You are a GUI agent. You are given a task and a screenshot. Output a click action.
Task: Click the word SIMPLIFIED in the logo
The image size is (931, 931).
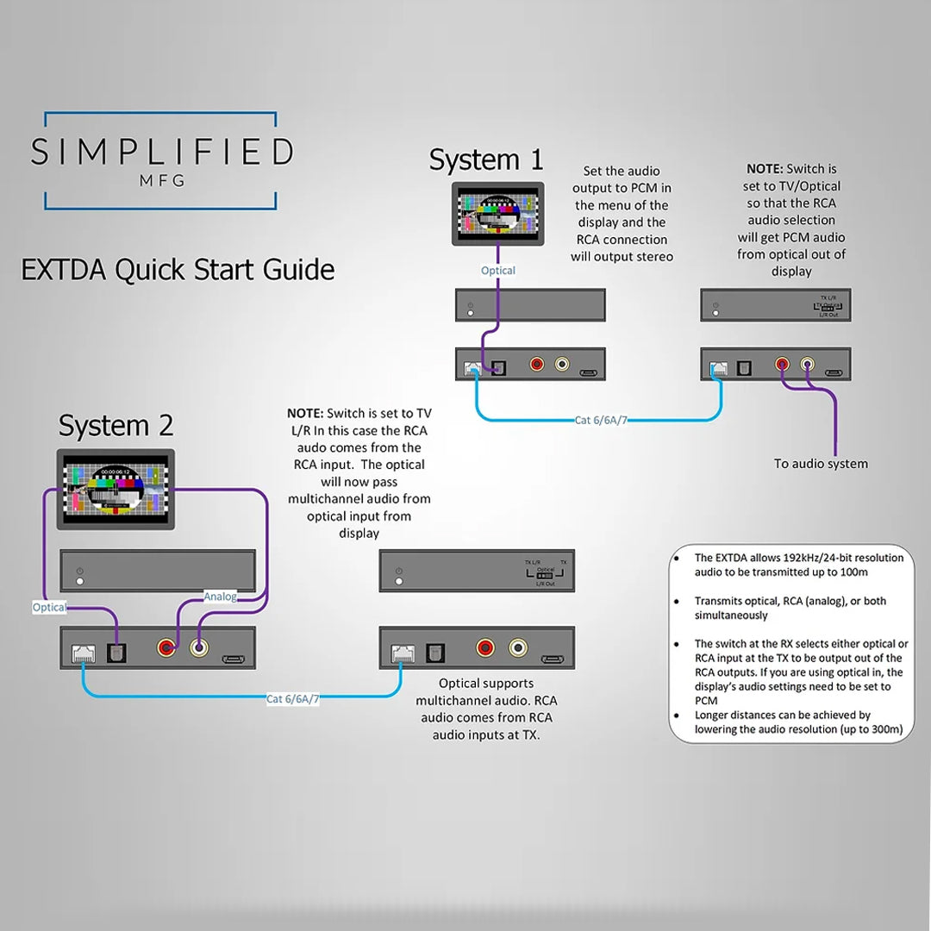(x=161, y=152)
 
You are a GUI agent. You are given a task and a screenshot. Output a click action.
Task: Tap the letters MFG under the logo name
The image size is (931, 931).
(x=161, y=181)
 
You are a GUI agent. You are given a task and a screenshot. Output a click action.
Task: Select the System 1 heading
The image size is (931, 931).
(x=486, y=159)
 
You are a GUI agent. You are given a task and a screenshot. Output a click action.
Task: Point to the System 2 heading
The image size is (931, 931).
(x=116, y=426)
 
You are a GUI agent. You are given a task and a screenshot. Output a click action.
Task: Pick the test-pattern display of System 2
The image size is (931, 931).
(x=116, y=489)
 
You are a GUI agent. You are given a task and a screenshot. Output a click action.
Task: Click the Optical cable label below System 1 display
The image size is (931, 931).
(x=498, y=271)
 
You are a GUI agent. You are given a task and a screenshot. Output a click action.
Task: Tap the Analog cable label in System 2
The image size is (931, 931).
(x=220, y=596)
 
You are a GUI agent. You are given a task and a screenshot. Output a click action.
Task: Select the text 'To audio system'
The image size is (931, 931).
(x=821, y=464)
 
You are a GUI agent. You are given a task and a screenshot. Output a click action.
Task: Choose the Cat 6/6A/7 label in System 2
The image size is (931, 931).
(x=292, y=698)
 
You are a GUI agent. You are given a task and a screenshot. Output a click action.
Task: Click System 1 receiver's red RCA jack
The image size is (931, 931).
(x=783, y=365)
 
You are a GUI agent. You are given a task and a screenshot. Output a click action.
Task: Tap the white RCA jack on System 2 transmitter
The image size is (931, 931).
(x=199, y=647)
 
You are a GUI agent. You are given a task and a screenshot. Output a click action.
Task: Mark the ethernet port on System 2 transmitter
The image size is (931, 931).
(x=84, y=653)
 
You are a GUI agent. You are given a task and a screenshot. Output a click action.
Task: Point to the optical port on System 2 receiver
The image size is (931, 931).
(x=433, y=653)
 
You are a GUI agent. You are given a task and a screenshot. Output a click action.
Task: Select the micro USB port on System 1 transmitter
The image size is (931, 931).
(x=588, y=373)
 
